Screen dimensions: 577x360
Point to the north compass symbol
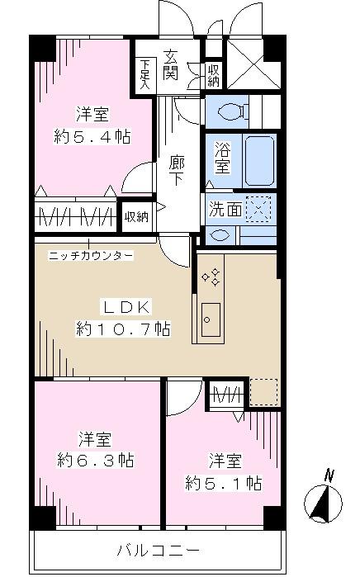click(325, 500)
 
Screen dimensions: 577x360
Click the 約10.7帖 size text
click(124, 329)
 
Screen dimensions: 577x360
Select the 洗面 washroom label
click(225, 210)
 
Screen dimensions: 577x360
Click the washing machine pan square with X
click(260, 209)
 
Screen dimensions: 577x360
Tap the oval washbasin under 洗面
click(220, 234)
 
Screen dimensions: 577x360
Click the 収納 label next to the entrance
click(212, 75)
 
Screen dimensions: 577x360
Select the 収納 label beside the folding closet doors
click(136, 217)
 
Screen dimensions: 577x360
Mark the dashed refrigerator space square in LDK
click(263, 392)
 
